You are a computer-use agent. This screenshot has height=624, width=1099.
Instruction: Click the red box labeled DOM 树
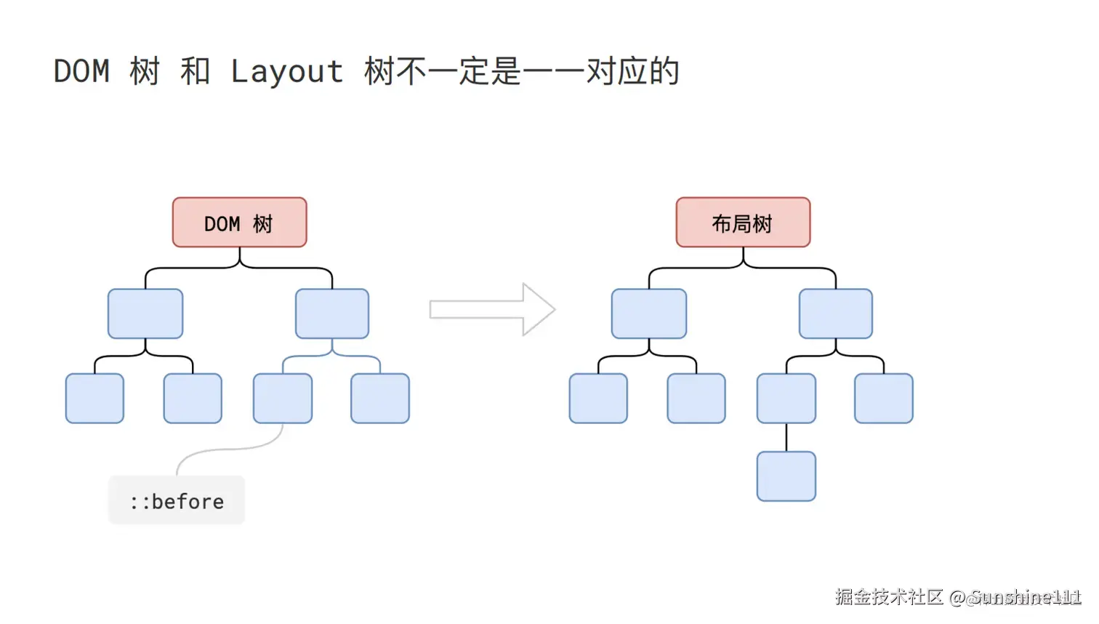(239, 223)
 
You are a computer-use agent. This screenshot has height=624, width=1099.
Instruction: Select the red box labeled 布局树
(743, 223)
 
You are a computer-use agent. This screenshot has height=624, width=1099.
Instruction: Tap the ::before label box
(177, 500)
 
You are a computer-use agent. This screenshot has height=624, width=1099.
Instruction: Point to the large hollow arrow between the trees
(492, 310)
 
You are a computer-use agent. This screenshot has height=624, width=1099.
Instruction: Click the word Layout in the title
(287, 72)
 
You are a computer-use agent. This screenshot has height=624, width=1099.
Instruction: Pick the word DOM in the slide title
(81, 72)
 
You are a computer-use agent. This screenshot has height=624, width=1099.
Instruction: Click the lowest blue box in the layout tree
(786, 476)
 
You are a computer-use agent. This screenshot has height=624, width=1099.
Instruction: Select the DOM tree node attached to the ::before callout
(283, 399)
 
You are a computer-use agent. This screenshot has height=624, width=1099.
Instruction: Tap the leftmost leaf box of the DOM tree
(94, 399)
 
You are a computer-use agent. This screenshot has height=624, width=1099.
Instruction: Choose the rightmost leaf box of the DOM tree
(380, 399)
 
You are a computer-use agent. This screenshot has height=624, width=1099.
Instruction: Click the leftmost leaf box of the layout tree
(598, 399)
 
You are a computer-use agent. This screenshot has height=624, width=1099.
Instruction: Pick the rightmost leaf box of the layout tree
(884, 399)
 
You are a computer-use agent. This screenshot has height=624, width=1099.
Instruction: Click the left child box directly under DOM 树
(145, 314)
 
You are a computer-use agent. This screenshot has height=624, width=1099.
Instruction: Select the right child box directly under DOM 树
(332, 314)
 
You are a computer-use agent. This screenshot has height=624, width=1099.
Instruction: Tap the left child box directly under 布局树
(649, 314)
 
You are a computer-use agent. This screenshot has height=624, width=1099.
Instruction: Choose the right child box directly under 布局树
(836, 314)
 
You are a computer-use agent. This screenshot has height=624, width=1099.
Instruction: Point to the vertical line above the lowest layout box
(786, 437)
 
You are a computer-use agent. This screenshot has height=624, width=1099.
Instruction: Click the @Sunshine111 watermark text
(1015, 598)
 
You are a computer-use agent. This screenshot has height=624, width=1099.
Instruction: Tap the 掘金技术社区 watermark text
(889, 597)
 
